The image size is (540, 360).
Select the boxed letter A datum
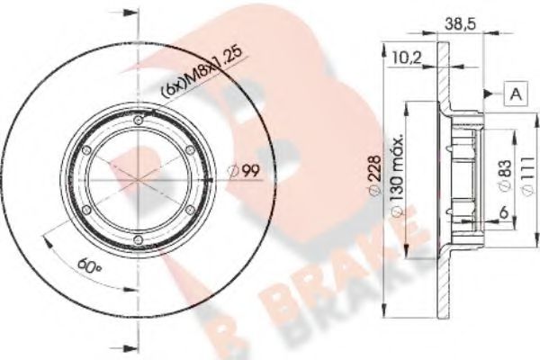pos(515,93)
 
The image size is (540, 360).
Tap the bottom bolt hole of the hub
pos(137,238)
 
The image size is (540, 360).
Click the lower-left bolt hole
pos(87,209)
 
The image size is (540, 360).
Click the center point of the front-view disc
pos(137,180)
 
